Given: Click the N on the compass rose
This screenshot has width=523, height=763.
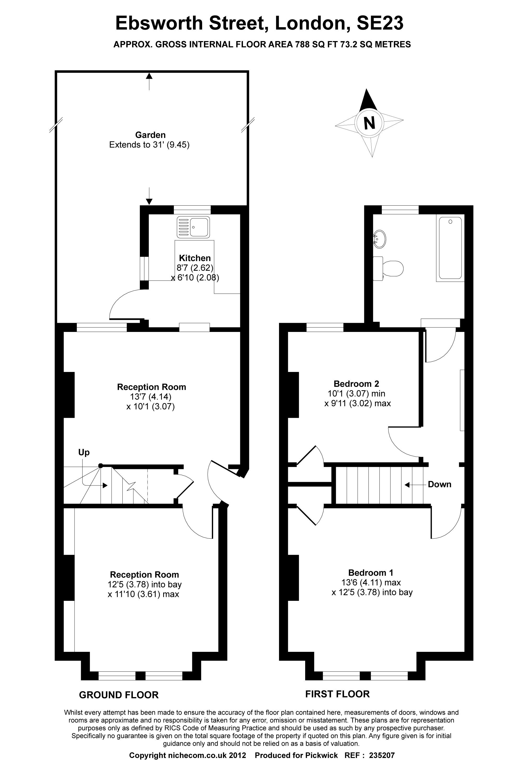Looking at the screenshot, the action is click(x=369, y=123).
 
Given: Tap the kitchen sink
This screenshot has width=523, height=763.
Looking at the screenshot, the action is click(x=193, y=227).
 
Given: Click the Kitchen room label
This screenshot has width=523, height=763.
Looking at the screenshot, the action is click(x=195, y=258).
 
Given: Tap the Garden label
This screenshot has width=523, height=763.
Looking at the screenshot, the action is click(x=150, y=135).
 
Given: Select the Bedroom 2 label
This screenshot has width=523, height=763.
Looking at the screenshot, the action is click(x=356, y=383).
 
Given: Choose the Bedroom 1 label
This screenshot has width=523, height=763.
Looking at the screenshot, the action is click(x=371, y=573).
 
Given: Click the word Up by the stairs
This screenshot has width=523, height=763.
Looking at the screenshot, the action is click(x=84, y=453).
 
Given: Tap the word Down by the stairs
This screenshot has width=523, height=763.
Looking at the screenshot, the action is click(x=439, y=485).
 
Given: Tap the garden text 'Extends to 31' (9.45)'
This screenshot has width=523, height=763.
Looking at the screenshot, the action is click(x=149, y=145).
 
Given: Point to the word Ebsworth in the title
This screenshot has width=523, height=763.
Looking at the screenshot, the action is click(x=160, y=23).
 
